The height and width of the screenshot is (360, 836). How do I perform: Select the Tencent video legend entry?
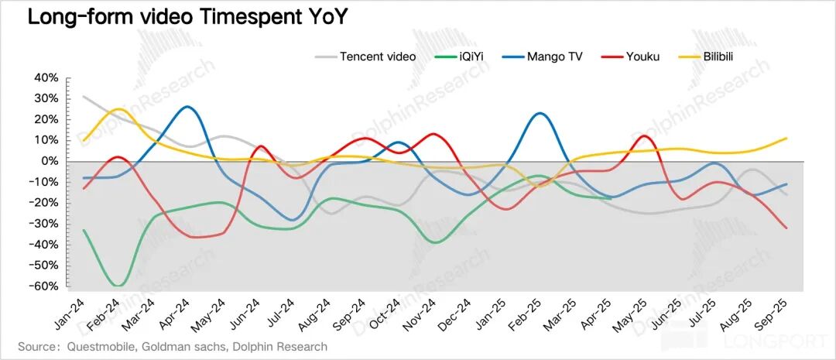[x=377, y=57]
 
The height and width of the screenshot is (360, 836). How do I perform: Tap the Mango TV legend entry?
[x=554, y=57]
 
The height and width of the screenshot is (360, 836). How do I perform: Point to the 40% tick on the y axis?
[x=45, y=78]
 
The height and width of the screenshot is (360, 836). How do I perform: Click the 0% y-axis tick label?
[x=50, y=162]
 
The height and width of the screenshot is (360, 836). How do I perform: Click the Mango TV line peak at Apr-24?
[x=188, y=107]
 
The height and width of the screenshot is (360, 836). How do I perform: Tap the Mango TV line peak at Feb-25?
[x=540, y=113]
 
